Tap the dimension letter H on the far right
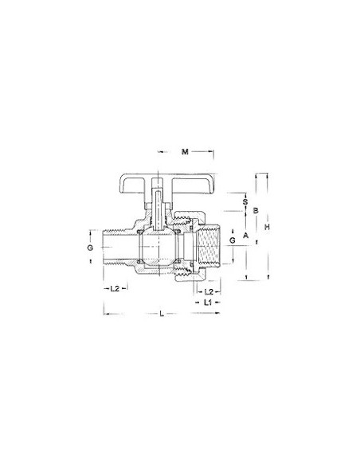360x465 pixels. pyautogui.click(x=268, y=227)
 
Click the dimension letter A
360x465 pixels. pyautogui.click(x=246, y=236)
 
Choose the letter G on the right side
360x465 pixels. pyautogui.click(x=231, y=240)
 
